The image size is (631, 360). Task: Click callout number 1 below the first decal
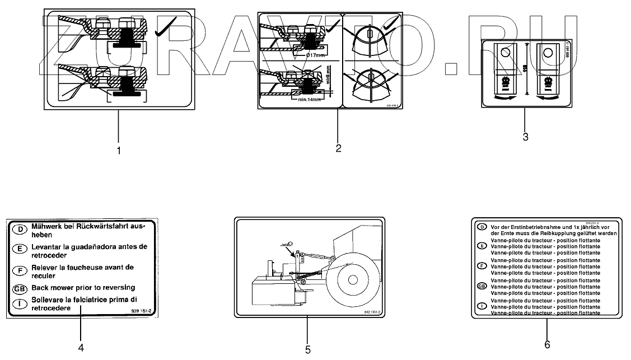(118, 150)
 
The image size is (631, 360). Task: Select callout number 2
(339, 148)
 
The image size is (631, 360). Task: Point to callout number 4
(81, 347)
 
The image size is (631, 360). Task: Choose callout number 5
(308, 349)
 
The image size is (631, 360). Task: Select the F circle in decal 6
(480, 265)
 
